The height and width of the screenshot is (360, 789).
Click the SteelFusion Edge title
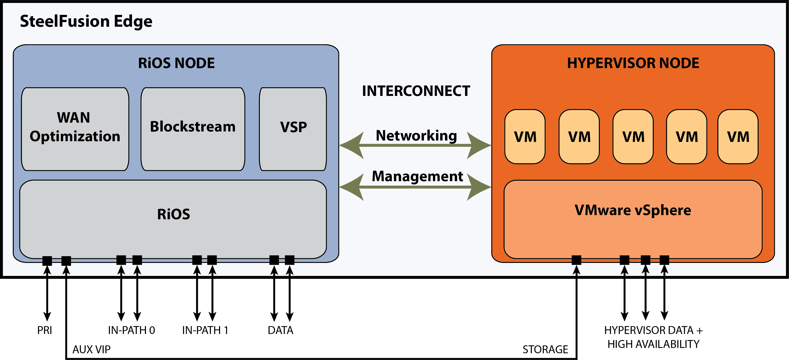tap(86, 21)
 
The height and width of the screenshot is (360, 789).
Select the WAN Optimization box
tap(75, 129)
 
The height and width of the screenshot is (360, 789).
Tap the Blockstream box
tap(193, 129)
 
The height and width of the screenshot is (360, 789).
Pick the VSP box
tap(293, 129)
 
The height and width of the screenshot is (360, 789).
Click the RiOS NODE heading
tap(176, 63)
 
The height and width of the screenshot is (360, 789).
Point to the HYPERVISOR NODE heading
tap(633, 63)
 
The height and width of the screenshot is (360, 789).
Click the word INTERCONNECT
tap(416, 91)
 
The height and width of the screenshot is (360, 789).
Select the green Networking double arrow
tap(415, 145)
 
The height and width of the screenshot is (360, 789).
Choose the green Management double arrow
tap(415, 187)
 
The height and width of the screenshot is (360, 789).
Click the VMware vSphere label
tap(633, 210)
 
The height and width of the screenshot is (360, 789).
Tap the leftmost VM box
tap(525, 137)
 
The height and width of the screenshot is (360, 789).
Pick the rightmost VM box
tap(738, 137)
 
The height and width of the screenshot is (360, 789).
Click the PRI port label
tap(45, 331)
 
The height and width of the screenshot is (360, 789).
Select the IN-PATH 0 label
tap(131, 331)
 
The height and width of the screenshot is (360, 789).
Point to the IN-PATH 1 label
tap(205, 331)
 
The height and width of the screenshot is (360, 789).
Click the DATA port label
tap(281, 331)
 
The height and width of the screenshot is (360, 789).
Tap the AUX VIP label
tap(91, 350)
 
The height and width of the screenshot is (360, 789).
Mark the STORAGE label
tap(545, 350)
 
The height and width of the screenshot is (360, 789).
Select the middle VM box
tap(633, 137)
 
